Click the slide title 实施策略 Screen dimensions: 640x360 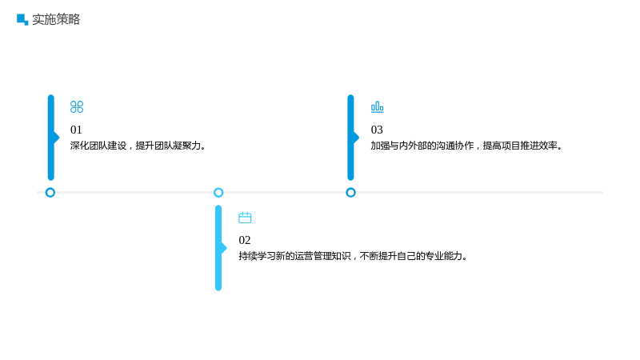pos(56,19)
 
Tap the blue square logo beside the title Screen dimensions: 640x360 pos(22,19)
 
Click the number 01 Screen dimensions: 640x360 pos(76,130)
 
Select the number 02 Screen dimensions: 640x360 pos(245,240)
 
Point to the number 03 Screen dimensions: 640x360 pos(377,130)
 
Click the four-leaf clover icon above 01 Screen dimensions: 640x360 pos(77,107)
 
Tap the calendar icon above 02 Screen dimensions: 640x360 pos(245,218)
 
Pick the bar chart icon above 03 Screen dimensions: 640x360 pos(377,107)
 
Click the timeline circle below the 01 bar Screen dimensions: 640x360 pos(50,192)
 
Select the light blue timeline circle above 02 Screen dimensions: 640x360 pos(218,192)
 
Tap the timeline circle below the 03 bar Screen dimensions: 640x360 pos(350,192)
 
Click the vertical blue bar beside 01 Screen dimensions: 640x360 pos(51,138)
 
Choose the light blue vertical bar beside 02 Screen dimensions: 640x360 pos(218,248)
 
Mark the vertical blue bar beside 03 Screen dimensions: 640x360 pos(351,138)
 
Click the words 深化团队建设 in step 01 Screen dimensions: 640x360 pos(98,146)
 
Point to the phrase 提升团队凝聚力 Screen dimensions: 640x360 pos(168,146)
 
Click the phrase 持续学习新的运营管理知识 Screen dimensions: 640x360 pos(294,256)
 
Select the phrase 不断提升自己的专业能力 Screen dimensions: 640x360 pos(411,256)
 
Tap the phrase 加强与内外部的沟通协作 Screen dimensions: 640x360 pos(422,146)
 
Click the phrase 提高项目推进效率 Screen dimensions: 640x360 pos(520,146)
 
